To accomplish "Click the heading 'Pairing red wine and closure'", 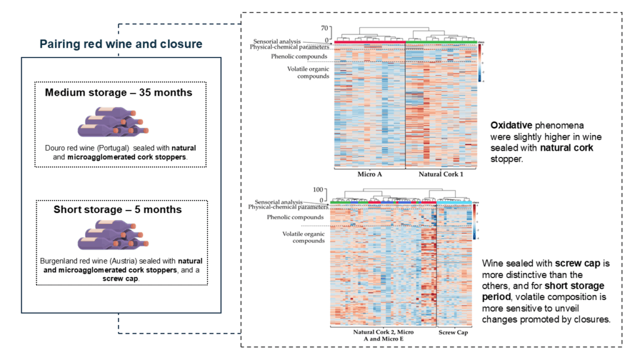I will [121, 44].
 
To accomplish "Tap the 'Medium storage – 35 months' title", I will [119, 92].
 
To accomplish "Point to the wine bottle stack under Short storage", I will [111, 237].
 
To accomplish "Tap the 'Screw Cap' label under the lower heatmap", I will [453, 332].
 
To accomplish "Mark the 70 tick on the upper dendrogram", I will [324, 28].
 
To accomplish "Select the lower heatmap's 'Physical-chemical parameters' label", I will [287, 207].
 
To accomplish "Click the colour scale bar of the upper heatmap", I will [478, 62].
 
